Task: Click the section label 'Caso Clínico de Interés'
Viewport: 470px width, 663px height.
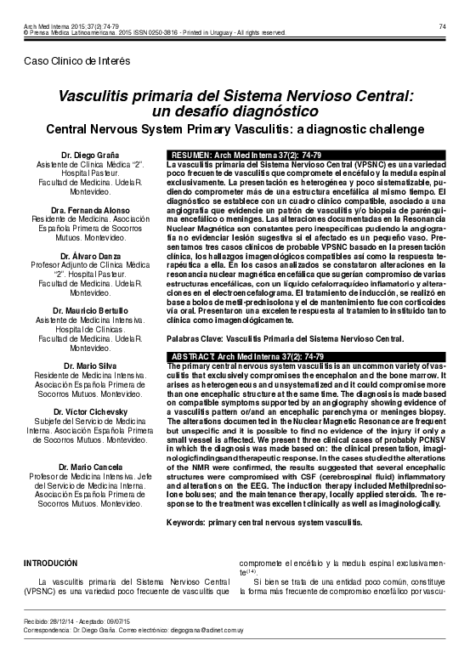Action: point(76,63)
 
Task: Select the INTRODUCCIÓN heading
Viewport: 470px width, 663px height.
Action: point(49,563)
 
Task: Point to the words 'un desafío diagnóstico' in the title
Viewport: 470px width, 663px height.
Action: point(235,111)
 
